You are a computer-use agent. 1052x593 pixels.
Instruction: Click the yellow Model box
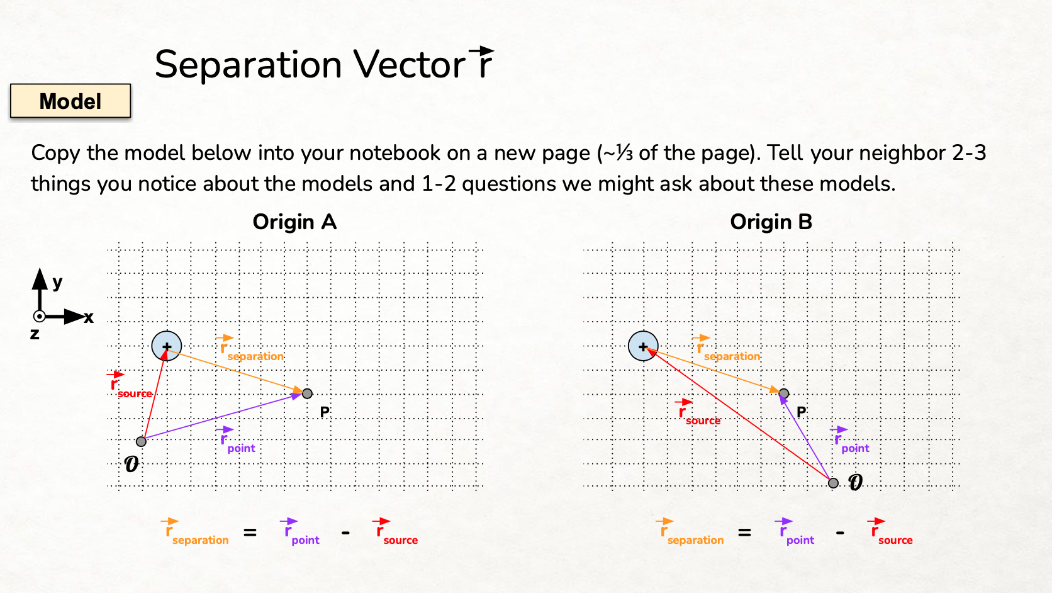coord(70,101)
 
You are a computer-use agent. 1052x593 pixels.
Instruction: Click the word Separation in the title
coord(248,65)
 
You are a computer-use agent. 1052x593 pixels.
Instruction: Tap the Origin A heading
coord(294,222)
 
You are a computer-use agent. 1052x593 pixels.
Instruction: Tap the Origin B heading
coord(771,222)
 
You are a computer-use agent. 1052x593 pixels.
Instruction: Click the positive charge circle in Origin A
coord(167,346)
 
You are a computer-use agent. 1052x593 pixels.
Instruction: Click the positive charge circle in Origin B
coord(643,346)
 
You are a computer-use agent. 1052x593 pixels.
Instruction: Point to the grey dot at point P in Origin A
coord(307,393)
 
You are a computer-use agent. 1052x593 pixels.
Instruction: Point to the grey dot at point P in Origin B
coord(784,393)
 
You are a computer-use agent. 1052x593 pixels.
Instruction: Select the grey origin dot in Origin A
coord(142,441)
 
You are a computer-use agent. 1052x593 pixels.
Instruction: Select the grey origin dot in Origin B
coord(833,483)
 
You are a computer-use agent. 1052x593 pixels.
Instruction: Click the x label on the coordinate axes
coord(89,318)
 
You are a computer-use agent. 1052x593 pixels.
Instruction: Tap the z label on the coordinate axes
coord(35,334)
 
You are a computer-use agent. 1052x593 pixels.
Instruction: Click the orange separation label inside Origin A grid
coord(255,356)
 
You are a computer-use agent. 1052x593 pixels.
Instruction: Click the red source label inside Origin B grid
coord(703,421)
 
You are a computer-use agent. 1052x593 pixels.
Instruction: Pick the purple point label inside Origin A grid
coord(241,448)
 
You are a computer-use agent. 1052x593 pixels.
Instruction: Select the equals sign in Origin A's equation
coord(250,533)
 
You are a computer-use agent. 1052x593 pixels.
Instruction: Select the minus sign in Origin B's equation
coord(840,533)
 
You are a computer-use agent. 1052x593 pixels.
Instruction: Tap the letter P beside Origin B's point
coord(801,412)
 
